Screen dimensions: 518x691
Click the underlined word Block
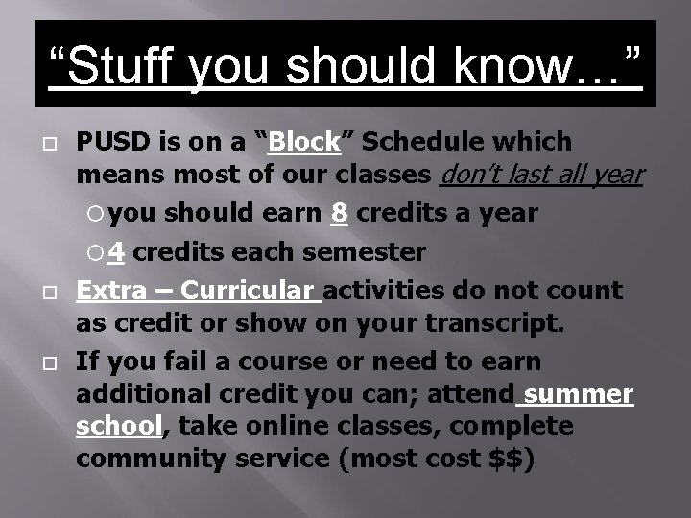[x=305, y=142]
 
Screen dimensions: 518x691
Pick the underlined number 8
[x=338, y=212]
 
